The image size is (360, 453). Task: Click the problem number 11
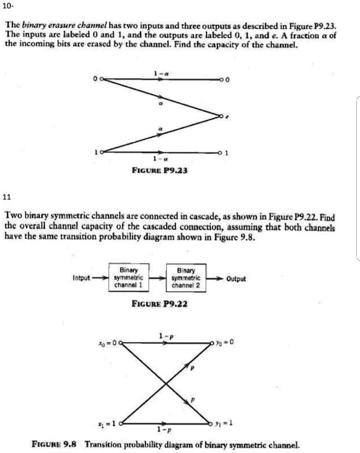click(x=7, y=196)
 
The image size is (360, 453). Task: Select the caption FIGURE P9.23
click(x=161, y=169)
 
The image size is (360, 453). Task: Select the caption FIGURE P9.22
click(x=160, y=304)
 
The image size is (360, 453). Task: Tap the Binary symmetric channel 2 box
click(x=186, y=278)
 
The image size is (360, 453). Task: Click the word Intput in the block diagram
click(x=81, y=278)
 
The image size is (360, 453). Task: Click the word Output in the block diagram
click(x=236, y=278)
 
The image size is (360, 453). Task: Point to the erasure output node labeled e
click(x=221, y=116)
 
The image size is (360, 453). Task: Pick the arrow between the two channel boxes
click(x=159, y=278)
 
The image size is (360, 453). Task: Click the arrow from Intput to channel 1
click(x=99, y=278)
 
